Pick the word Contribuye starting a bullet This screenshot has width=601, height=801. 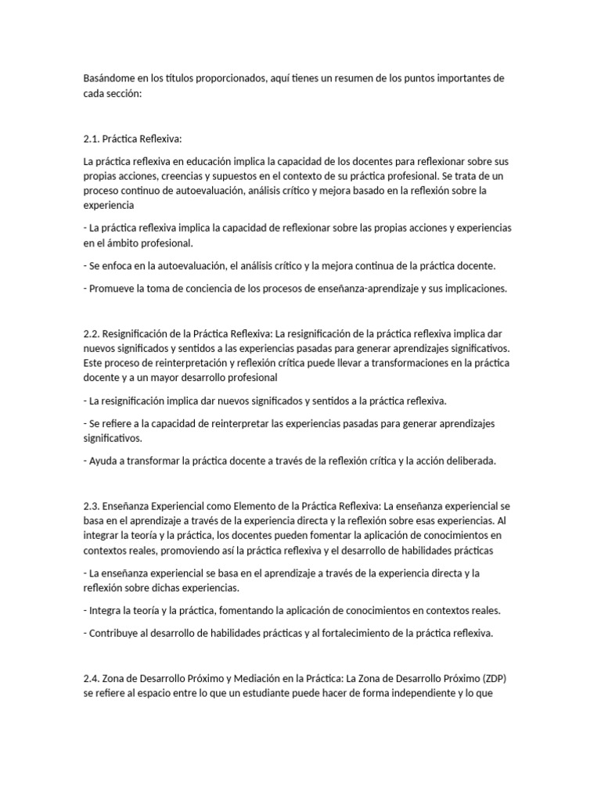pos(115,633)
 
